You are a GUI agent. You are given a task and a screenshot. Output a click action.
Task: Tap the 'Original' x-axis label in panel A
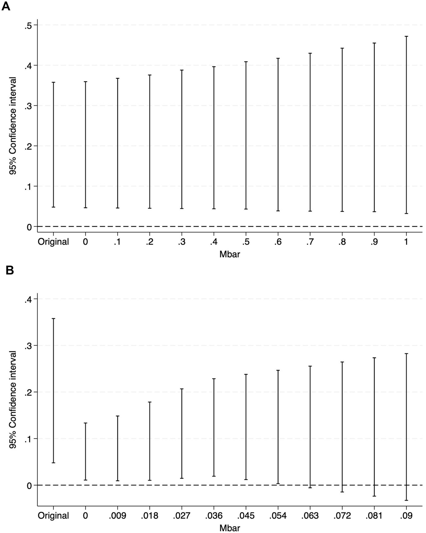53,242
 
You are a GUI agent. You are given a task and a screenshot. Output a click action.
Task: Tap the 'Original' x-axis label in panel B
53,516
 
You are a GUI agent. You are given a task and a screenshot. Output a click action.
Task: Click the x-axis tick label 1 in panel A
406,242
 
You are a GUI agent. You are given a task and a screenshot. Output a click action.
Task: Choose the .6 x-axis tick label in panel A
278,242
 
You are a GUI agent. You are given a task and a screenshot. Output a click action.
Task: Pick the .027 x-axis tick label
182,516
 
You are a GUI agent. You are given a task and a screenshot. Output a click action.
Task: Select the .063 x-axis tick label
310,516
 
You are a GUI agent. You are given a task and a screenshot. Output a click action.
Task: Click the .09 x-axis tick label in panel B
406,516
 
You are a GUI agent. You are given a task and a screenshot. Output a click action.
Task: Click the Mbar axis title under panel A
230,254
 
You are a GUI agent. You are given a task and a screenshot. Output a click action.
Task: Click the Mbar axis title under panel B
230,527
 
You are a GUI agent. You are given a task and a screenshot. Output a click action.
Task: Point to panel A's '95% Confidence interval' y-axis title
12,126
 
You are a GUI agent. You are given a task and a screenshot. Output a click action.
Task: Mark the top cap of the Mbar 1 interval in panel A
406,36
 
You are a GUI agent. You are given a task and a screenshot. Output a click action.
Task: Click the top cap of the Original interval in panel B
53,319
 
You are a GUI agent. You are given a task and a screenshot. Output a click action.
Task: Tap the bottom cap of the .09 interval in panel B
406,500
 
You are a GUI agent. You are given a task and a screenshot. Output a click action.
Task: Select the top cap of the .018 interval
150,402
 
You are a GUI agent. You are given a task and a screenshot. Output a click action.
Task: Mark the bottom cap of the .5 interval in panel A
246,209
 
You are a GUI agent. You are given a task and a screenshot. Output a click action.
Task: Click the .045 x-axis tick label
246,516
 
